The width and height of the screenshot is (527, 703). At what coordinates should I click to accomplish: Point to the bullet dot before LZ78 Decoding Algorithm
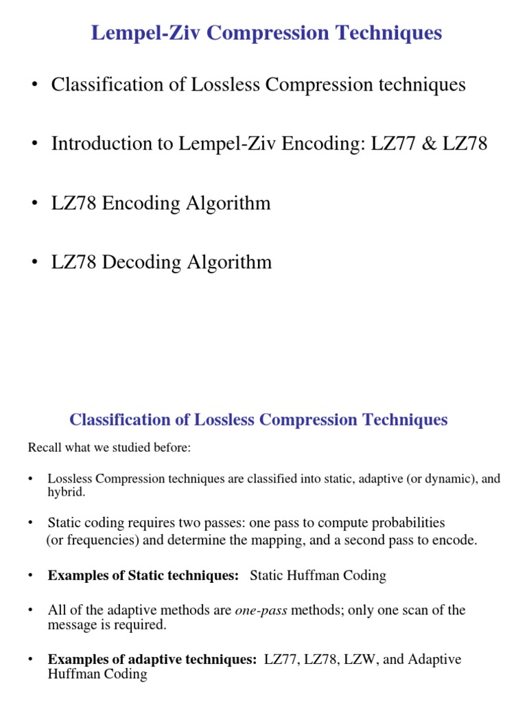32,263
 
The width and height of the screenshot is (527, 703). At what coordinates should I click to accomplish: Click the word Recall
45,448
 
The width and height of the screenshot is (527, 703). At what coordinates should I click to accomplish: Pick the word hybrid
66,492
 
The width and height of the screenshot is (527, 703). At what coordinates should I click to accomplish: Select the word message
70,624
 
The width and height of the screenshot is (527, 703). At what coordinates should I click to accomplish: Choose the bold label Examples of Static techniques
143,575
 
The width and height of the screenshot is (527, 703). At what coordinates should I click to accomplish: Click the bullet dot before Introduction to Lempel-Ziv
32,145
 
